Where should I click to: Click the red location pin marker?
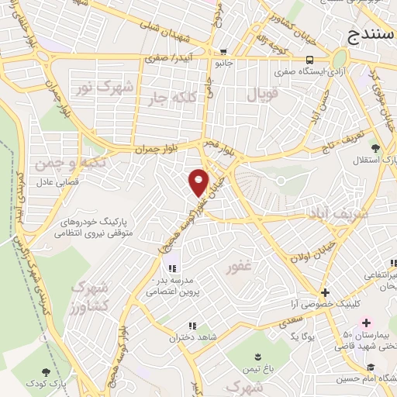pos(199,182)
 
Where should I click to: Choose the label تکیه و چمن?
pos(58,164)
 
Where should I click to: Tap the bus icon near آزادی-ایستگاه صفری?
pos(309,59)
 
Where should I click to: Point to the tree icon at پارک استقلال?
pos(376,147)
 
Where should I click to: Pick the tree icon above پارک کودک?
pos(43,372)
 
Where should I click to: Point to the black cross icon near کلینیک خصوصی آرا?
pos(325,293)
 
